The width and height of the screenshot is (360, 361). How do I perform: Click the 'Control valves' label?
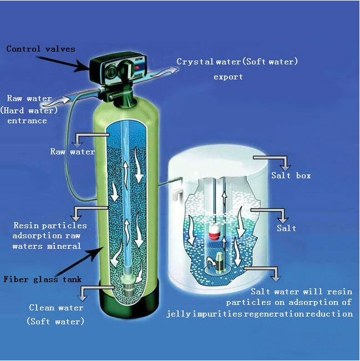click(40, 49)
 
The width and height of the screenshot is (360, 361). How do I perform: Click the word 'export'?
click(228, 77)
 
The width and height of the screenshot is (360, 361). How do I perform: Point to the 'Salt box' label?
click(291, 176)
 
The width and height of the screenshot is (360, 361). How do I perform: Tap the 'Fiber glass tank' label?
click(38, 279)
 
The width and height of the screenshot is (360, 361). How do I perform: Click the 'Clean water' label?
click(56, 308)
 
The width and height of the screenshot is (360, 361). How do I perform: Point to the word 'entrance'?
click(27, 120)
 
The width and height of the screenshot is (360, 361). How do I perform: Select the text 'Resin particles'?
click(50, 225)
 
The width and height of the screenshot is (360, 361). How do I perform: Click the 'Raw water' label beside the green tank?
click(72, 151)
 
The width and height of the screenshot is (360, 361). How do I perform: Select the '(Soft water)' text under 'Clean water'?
click(55, 322)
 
